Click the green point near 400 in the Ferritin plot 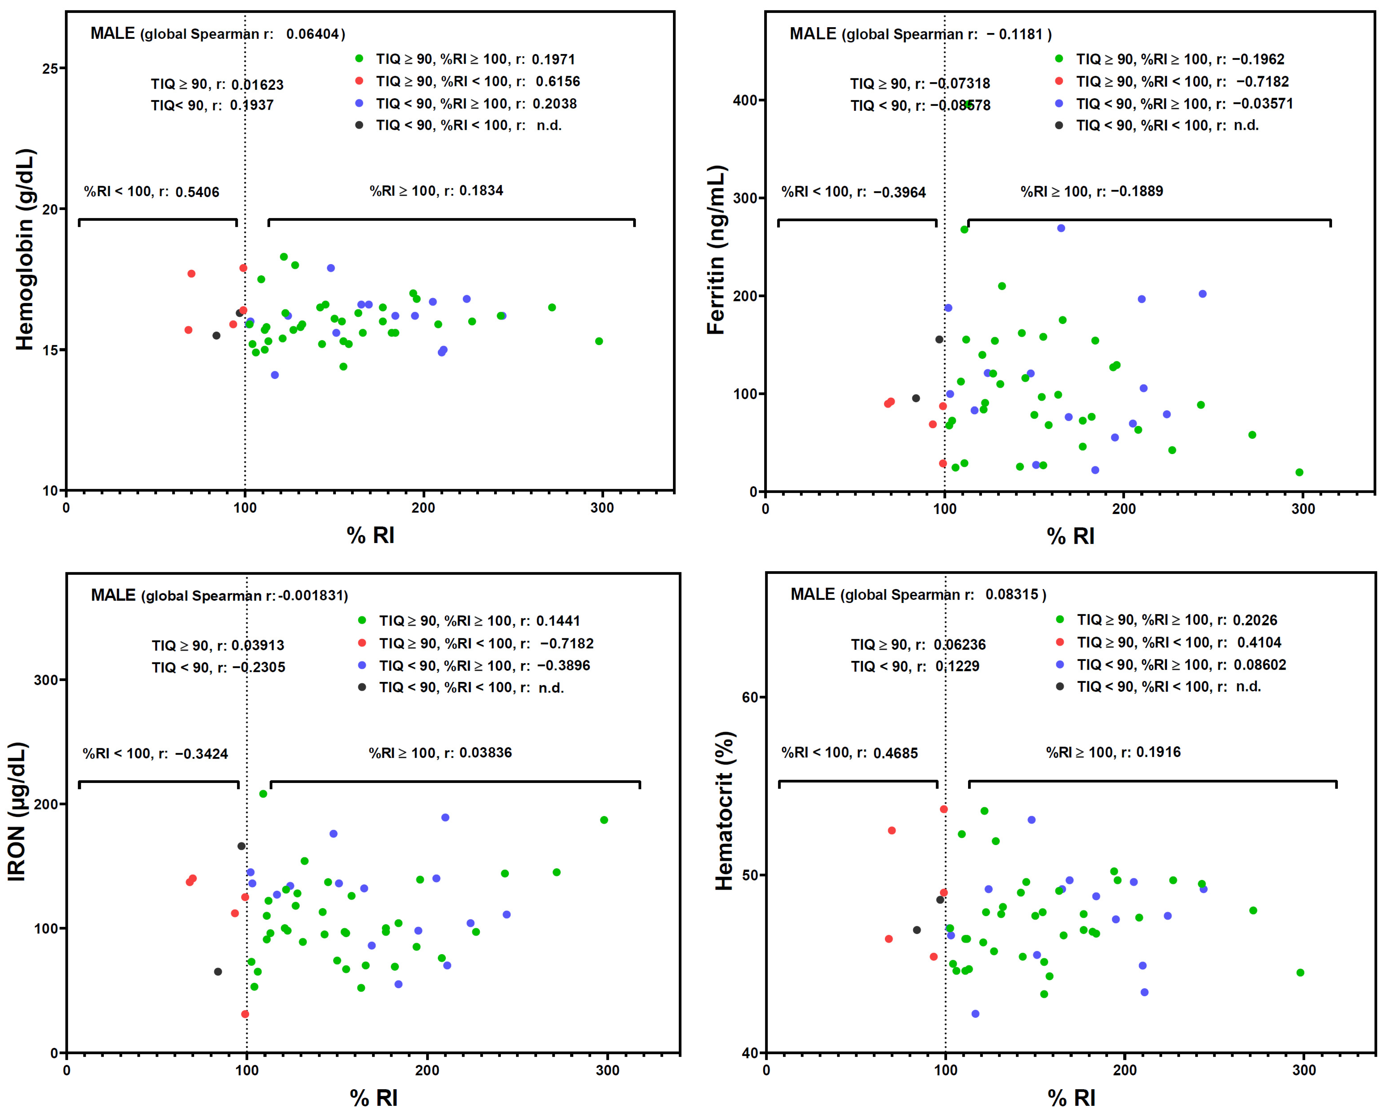(x=968, y=104)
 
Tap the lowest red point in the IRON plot (x=245, y=1014)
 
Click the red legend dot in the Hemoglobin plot (x=359, y=81)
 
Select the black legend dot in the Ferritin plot (x=1059, y=125)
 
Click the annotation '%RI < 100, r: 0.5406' (x=151, y=192)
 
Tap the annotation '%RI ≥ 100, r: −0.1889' (x=1091, y=191)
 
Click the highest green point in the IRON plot (x=263, y=794)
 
